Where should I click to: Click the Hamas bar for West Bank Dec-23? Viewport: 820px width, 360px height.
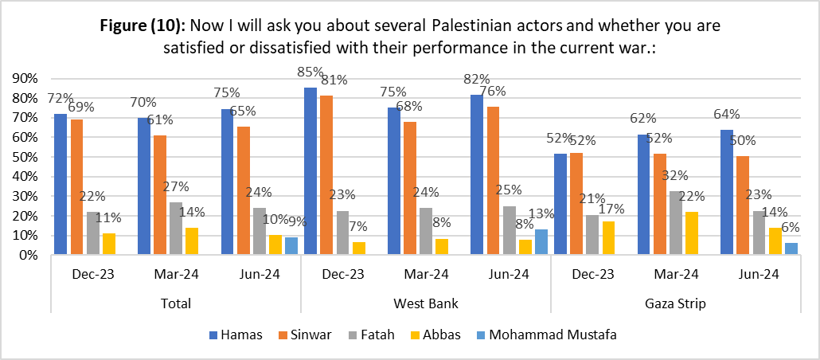(x=310, y=171)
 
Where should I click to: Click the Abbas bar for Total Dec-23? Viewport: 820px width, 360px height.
(x=110, y=245)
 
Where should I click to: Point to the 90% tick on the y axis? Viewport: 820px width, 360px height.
(x=28, y=78)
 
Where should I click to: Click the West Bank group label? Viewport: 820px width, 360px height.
(x=425, y=303)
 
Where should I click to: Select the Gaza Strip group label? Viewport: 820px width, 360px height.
(x=676, y=303)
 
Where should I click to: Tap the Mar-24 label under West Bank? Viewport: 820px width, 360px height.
(x=425, y=276)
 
